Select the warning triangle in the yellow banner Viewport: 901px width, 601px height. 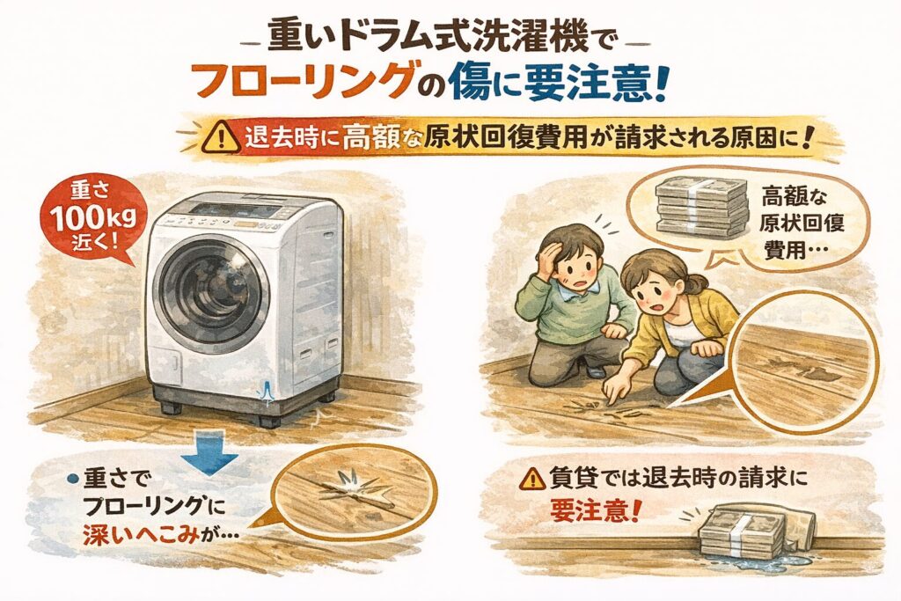click(x=221, y=139)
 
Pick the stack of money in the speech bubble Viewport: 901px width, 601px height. click(x=701, y=208)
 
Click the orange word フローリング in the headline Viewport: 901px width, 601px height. click(x=305, y=80)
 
